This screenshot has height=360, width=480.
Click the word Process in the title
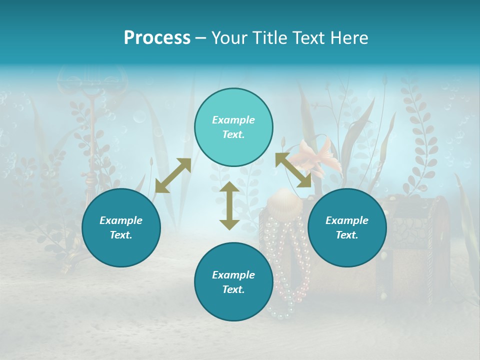click(157, 38)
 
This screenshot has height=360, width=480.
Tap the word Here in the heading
click(350, 38)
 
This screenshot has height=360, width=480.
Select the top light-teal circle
click(233, 127)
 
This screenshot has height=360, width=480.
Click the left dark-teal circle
click(121, 227)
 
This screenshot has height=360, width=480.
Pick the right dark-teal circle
click(347, 227)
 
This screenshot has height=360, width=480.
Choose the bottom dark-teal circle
click(233, 281)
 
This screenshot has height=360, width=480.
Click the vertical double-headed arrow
click(229, 205)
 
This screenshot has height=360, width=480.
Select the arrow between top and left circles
click(173, 175)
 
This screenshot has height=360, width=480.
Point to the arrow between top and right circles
click(293, 170)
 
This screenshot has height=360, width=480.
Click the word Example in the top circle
click(233, 120)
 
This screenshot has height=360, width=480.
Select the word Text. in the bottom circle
click(233, 289)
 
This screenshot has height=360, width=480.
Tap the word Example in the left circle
click(121, 220)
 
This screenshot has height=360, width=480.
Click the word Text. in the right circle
click(347, 235)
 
